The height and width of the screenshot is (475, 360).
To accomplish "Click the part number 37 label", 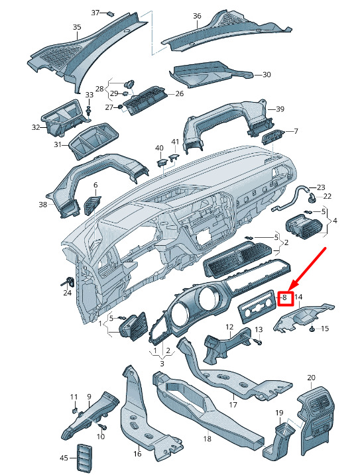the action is pos(95,13).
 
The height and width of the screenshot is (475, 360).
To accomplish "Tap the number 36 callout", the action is pos(197,16).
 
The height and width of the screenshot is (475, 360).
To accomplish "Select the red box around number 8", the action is pos(285,297).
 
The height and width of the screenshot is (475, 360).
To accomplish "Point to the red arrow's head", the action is pos(289,288).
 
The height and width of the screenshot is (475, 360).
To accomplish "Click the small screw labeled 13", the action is pos(259,341).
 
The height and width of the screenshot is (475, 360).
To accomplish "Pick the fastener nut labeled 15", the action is pos(312,329).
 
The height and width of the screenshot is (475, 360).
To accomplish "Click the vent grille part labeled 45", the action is pos(83,458).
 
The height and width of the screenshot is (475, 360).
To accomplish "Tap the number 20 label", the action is pos(311,378).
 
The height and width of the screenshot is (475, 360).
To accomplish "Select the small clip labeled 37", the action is pos(111,13).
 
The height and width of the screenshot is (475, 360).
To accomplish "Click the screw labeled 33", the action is pos(89,111).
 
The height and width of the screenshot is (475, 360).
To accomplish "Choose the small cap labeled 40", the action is pos(162,162).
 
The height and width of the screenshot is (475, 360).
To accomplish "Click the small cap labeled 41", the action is pos(174,157).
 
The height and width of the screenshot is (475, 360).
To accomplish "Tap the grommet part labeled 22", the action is pos(312,198).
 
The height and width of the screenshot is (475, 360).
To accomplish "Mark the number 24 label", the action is pos(67,293).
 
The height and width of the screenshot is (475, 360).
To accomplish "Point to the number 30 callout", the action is pos(267,74).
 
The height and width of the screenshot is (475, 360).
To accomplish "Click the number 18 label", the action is pos(207,439).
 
